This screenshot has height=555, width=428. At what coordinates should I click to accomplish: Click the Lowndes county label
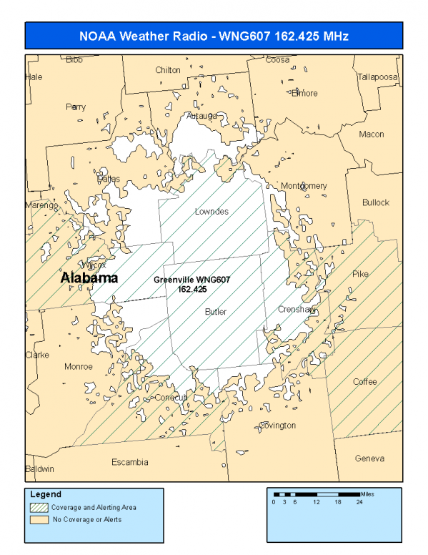(x=211, y=212)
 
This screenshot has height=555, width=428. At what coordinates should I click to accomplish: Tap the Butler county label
(x=216, y=312)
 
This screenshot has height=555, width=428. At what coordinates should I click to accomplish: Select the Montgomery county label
(x=303, y=186)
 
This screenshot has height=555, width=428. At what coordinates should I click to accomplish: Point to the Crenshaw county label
(x=297, y=310)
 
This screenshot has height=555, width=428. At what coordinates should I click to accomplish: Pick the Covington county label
(x=277, y=426)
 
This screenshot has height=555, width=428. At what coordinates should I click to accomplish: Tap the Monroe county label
(x=79, y=366)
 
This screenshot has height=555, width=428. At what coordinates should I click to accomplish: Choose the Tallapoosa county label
(x=377, y=77)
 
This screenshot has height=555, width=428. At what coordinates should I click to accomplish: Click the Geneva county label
(x=369, y=458)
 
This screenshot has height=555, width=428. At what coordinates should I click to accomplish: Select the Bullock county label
(x=376, y=202)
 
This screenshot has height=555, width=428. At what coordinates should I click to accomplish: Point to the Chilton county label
(x=168, y=70)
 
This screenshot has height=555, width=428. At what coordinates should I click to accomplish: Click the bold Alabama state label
(x=89, y=277)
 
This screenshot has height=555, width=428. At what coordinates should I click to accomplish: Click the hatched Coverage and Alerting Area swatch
(x=40, y=507)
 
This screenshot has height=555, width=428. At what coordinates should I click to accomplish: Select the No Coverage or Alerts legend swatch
(x=40, y=519)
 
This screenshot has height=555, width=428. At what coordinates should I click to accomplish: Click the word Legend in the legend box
(x=46, y=494)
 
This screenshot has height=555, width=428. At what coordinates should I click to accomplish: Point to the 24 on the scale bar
(x=359, y=502)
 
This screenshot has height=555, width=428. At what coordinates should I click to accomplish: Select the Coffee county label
(x=364, y=382)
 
